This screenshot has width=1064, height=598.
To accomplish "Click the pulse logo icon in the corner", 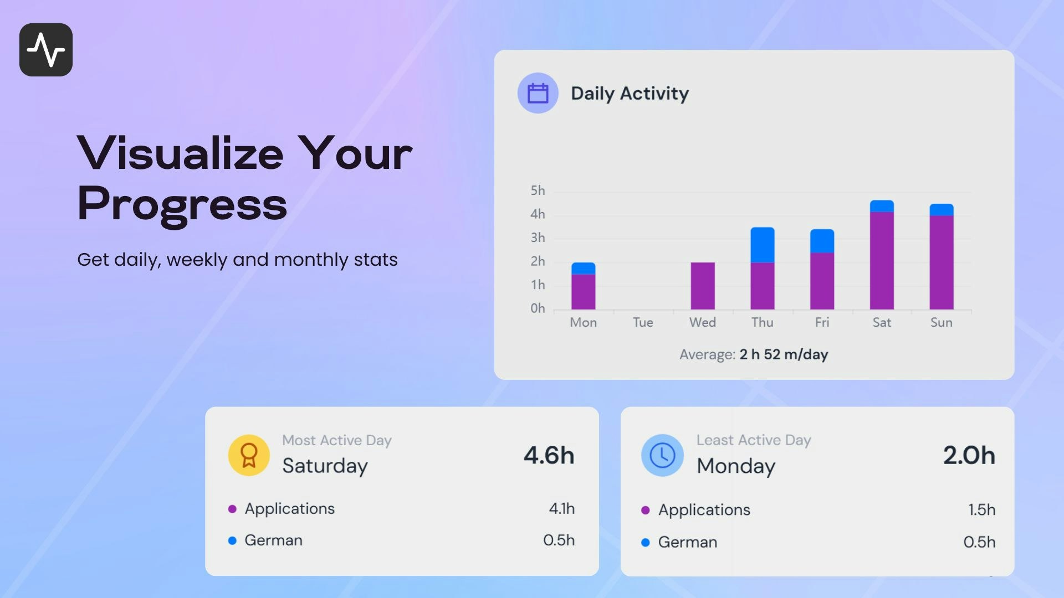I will (x=46, y=50).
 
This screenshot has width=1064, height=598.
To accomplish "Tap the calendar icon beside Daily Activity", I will (x=538, y=93).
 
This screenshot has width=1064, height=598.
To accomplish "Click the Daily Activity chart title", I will (x=630, y=93).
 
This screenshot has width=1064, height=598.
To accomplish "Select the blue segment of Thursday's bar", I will (x=762, y=245).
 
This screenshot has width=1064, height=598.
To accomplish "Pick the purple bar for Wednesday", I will (x=702, y=286).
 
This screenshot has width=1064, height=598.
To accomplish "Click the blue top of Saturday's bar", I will (x=882, y=206).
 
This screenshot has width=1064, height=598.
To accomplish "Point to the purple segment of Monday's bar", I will (x=583, y=291).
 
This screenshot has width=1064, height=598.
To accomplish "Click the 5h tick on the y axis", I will (x=538, y=190).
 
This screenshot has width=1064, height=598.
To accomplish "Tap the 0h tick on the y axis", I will (x=538, y=308).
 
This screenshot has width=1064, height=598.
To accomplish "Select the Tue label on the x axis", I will (x=643, y=322).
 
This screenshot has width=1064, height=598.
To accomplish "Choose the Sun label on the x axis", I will (x=941, y=322).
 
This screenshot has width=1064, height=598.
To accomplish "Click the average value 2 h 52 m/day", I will (x=783, y=354).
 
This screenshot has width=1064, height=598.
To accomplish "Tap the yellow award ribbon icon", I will (x=249, y=455).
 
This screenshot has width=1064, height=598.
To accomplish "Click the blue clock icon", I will (x=662, y=455).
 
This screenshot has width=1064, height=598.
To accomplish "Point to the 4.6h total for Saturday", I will (x=549, y=455).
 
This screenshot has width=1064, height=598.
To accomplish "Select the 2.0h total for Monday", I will (x=969, y=455).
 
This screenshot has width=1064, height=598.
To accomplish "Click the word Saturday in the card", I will (x=325, y=466).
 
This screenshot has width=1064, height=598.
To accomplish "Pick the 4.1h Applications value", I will (x=561, y=508).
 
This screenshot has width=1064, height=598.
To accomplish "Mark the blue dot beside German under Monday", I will (x=645, y=543).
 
